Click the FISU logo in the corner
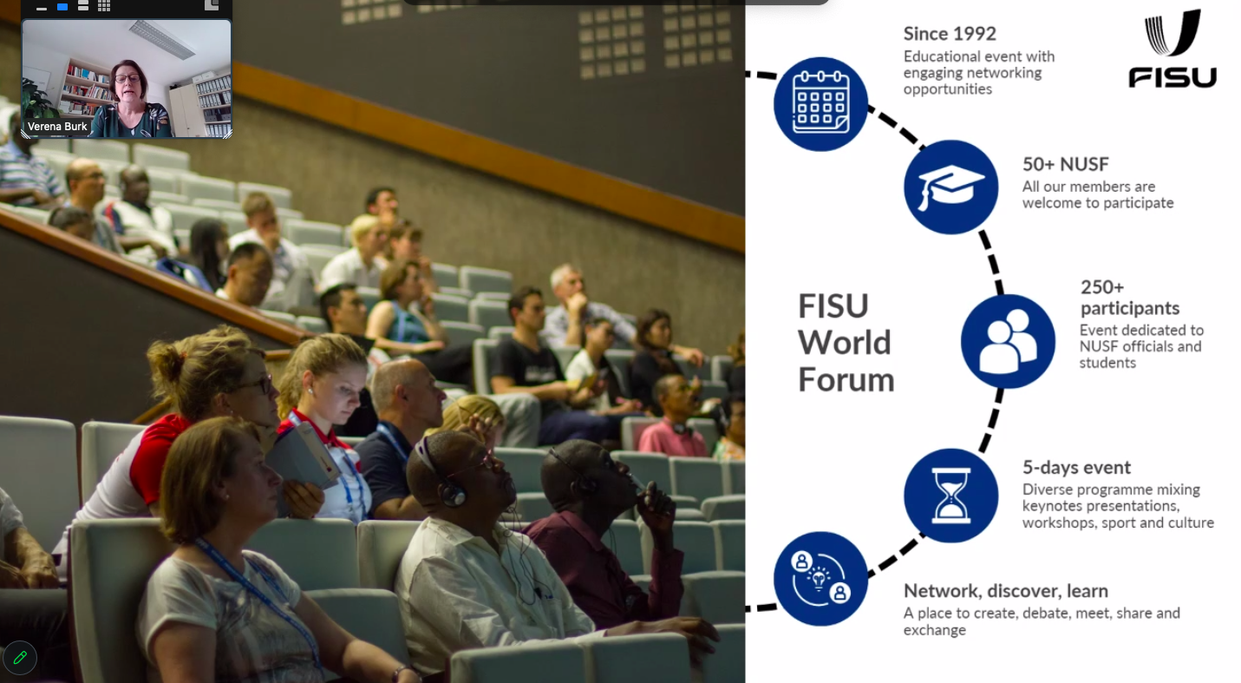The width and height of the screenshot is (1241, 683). [1172, 49]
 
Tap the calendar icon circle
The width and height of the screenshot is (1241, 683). [820, 104]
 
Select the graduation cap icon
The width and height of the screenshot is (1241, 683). [950, 187]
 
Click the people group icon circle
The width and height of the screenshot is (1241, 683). [1008, 341]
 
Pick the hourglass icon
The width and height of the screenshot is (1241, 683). [950, 496]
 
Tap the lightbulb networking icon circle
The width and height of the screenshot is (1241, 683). [820, 579]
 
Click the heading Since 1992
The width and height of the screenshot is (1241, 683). [950, 34]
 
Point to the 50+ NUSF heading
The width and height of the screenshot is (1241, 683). [1065, 165]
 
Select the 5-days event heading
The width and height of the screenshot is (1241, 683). [1076, 468]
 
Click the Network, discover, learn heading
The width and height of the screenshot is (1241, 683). [1005, 592]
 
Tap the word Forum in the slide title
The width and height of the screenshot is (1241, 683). [846, 380]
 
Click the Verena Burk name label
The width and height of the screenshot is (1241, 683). [57, 127]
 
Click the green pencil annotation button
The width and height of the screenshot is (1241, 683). [20, 658]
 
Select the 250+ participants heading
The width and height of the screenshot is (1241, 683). [1130, 297]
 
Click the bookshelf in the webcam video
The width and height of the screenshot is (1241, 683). [88, 85]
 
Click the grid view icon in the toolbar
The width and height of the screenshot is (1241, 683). [103, 6]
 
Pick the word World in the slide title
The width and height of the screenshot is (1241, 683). [845, 343]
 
